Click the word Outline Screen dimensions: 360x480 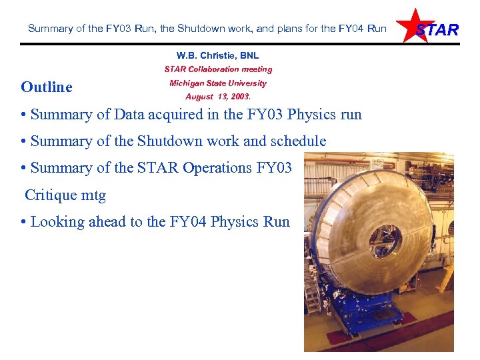pyautogui.click(x=47, y=87)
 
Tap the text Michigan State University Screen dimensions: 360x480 pyautogui.click(x=218, y=83)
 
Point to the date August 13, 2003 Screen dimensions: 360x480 pyautogui.click(x=218, y=97)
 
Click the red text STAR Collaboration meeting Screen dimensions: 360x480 pyautogui.click(x=218, y=69)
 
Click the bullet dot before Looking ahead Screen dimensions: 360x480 pyautogui.click(x=24, y=223)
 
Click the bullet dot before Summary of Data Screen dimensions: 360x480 pyautogui.click(x=24, y=115)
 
